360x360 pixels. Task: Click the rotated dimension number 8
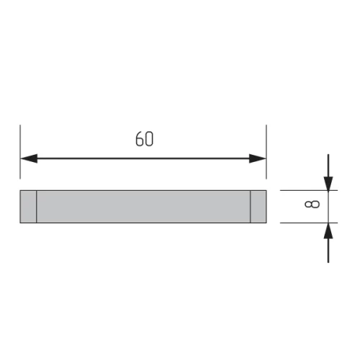[x=310, y=206]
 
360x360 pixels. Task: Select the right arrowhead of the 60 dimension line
[x=258, y=158]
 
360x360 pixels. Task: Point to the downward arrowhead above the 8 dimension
[x=328, y=182]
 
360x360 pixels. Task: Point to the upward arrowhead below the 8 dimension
[x=328, y=230]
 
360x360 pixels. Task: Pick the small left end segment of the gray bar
[x=28, y=207]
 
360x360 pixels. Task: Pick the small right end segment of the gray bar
[x=258, y=207]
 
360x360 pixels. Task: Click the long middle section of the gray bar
[x=144, y=207]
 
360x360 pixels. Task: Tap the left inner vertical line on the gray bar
[x=37, y=207]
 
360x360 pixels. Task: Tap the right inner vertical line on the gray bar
[x=251, y=207]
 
